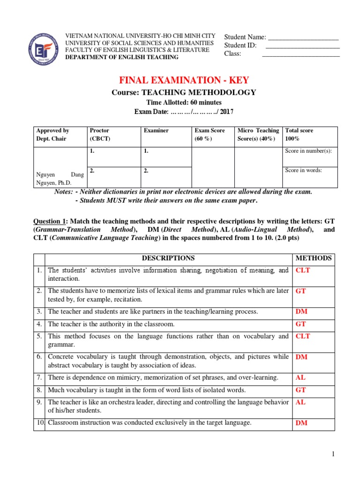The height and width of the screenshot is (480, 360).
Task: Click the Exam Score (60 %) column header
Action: click(x=210, y=135)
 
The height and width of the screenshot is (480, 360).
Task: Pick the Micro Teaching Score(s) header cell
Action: click(x=258, y=135)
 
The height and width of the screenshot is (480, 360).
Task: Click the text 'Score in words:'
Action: click(x=303, y=171)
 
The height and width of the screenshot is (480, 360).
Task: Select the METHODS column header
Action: click(x=314, y=258)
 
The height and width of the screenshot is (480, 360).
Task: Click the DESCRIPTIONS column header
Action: click(x=168, y=258)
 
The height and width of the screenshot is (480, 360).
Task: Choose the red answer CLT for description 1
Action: click(x=303, y=270)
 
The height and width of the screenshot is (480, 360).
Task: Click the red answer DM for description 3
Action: click(x=301, y=312)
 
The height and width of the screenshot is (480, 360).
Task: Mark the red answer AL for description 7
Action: click(x=301, y=377)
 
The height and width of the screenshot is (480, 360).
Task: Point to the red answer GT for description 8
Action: click(x=301, y=390)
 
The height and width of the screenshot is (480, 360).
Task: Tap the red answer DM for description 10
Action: click(x=301, y=423)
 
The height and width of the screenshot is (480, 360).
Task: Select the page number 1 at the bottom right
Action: click(x=333, y=454)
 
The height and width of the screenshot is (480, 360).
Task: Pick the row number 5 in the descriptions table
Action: click(x=39, y=337)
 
